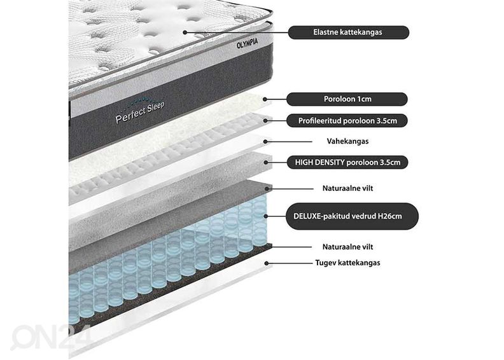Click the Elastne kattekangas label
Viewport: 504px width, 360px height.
tap(349, 32)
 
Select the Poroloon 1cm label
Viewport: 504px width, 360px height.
tap(347, 99)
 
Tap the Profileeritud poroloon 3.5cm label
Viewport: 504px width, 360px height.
tap(347, 121)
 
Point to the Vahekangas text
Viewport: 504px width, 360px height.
tap(347, 141)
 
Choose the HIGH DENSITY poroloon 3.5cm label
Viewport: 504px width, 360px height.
tap(347, 162)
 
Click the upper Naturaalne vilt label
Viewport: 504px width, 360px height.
tap(348, 188)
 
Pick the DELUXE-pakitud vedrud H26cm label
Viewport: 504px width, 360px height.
tap(352, 216)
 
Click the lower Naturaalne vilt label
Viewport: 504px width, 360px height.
tap(348, 247)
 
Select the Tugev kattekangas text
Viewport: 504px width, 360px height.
tap(348, 263)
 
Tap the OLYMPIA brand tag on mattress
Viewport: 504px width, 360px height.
tap(247, 43)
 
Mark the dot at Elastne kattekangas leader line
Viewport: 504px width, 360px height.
tap(185, 32)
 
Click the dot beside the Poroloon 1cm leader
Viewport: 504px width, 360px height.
tap(265, 100)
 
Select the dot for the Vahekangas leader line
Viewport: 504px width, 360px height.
tap(265, 141)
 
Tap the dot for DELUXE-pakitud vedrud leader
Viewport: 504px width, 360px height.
tap(266, 216)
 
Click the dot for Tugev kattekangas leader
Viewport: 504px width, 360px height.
tap(267, 263)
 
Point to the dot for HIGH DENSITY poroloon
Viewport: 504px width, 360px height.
tap(266, 162)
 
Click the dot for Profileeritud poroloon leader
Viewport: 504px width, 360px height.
tap(265, 121)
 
